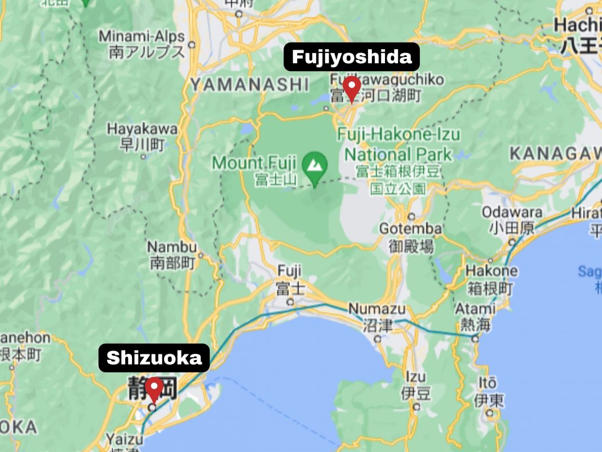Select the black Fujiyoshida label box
coord(352,57)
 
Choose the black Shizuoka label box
coord(154,358)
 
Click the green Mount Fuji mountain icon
coord(315,165)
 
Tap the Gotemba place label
coord(410,229)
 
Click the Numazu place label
coord(377,309)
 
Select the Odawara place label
coord(512,213)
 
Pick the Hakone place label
coord(491,271)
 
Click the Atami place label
coord(475,309)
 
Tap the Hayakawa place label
coord(142,129)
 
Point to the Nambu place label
coord(172,247)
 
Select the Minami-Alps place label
coord(141,37)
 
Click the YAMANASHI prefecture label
coord(250,85)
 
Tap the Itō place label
coord(488,383)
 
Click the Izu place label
coord(416,377)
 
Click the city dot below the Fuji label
coord(290,302)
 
